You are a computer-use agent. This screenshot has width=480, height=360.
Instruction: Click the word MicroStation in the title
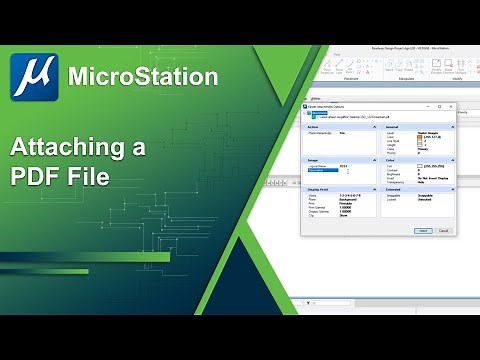click(x=142, y=76)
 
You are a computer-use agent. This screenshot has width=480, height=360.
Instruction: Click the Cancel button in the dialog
click(x=443, y=230)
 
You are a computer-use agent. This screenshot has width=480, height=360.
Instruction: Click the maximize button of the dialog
click(x=439, y=105)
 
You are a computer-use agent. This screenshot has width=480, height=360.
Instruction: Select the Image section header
click(x=314, y=159)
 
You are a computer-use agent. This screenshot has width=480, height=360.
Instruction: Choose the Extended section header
click(x=395, y=191)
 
